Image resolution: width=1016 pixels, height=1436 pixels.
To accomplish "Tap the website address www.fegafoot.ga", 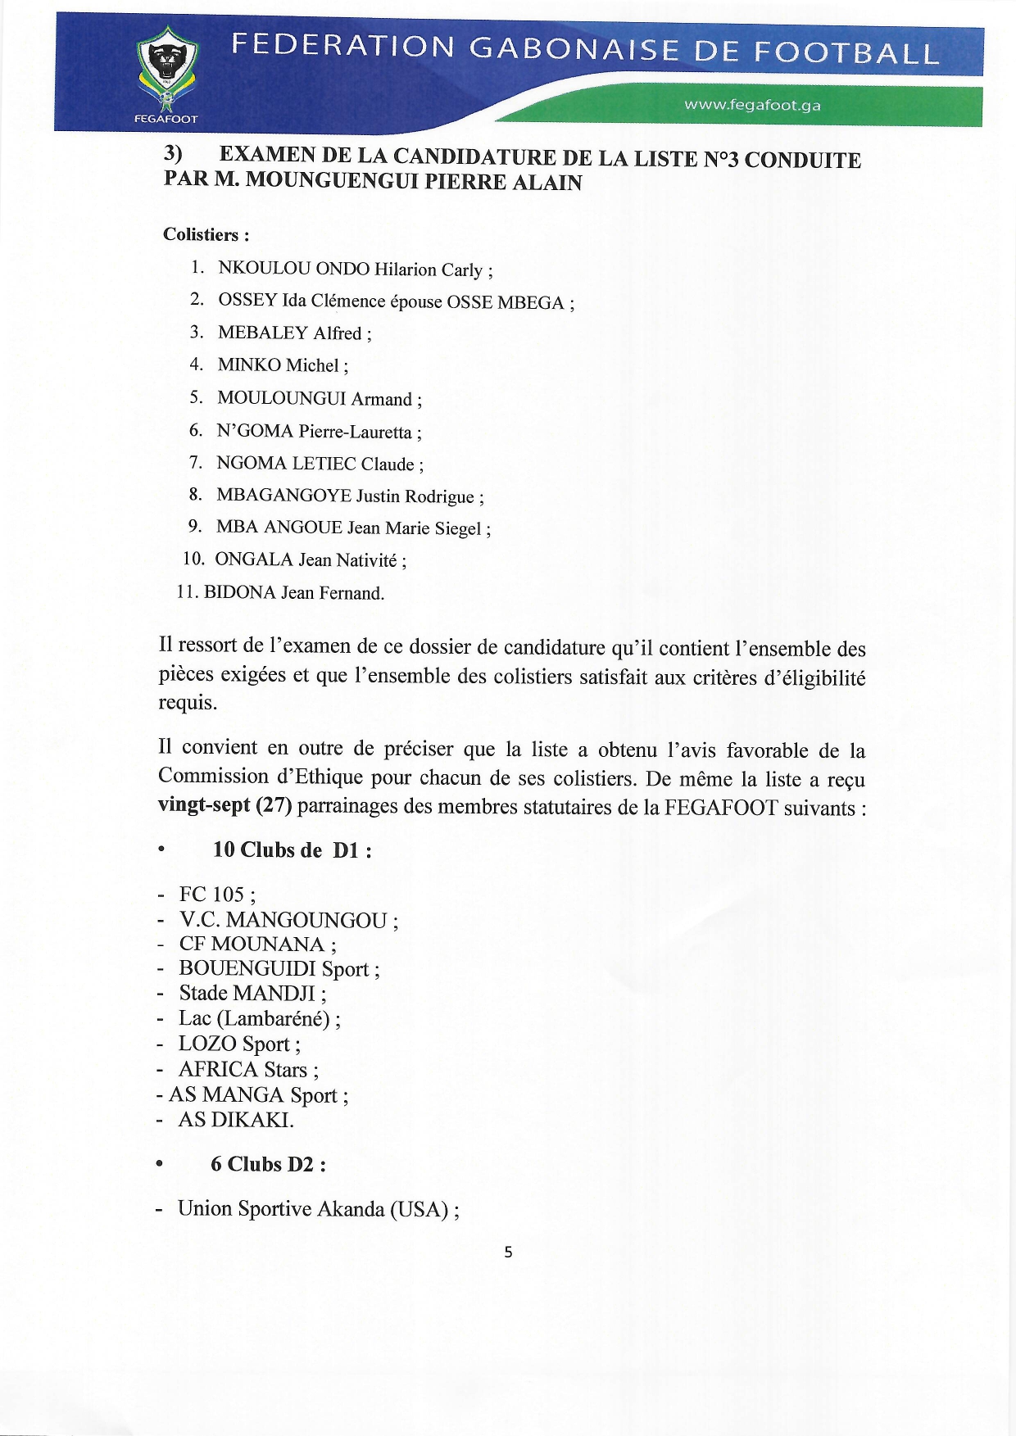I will coord(752,105).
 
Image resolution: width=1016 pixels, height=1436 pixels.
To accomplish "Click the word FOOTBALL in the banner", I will coord(846,52).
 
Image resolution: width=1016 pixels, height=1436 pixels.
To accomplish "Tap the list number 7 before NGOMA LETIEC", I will coord(195,463).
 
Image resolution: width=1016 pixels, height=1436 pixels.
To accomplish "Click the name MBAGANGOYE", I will coord(283,496).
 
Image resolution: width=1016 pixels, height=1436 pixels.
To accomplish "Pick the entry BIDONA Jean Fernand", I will coord(293,592).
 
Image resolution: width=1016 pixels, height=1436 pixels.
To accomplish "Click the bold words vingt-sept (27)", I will coord(225,805).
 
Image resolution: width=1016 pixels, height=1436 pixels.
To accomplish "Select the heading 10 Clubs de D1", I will coord(292,849).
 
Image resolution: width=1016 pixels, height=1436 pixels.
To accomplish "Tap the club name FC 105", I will coord(211,894).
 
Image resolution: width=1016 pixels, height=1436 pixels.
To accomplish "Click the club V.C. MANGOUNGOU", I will coord(283,920).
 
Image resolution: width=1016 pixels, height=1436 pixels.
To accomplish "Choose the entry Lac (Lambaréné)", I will coord(254,1018).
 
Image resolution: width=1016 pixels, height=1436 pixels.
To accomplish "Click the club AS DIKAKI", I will coord(235,1120).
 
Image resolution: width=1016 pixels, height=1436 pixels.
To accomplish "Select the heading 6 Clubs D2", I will coord(267,1164).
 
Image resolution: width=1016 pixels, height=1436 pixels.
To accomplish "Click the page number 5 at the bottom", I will coord(508,1252).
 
